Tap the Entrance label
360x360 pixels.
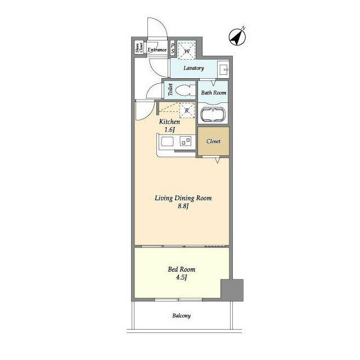pos(156,50)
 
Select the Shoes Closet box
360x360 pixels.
pos(138,49)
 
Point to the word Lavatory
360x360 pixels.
pos(193,68)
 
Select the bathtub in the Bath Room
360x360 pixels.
pos(213,115)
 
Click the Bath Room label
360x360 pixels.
pos(213,92)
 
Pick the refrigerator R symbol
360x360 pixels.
pos(186,110)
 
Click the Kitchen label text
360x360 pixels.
pos(169,121)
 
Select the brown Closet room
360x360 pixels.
pos(213,142)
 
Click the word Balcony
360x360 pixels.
pos(181,316)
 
